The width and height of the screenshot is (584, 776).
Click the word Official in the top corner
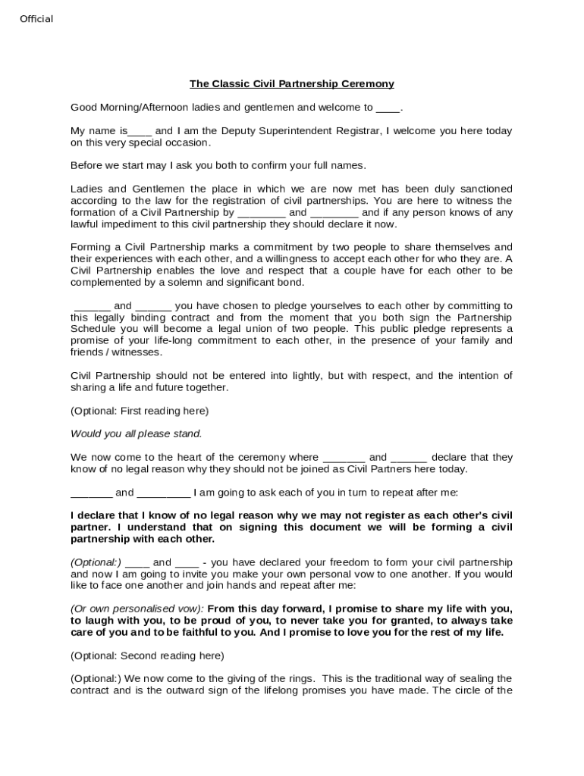tap(36, 19)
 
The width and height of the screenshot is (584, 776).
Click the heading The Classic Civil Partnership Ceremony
tap(291, 84)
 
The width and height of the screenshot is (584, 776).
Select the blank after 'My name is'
tap(140, 131)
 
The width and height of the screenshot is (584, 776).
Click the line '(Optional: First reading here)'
tap(140, 411)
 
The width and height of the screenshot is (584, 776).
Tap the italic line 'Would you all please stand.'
tap(137, 434)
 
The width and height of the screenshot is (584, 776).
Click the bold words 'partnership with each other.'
tap(143, 539)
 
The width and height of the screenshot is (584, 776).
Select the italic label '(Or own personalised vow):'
tap(137, 609)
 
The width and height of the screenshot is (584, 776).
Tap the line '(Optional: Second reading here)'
tap(147, 656)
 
